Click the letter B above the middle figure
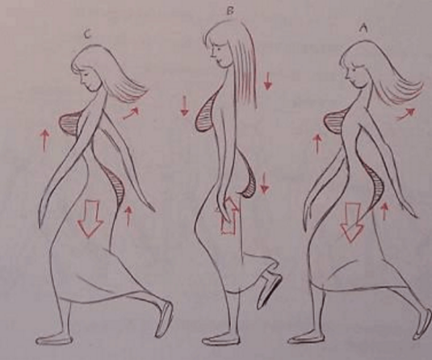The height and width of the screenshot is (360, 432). (230, 11)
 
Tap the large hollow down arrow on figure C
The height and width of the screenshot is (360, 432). (90, 218)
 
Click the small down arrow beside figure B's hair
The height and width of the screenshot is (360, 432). (267, 81)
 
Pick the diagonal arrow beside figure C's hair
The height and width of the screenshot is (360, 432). (131, 113)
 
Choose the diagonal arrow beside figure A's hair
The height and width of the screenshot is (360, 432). (405, 114)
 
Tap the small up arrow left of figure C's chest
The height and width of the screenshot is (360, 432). (44, 141)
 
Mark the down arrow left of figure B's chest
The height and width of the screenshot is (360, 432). (184, 106)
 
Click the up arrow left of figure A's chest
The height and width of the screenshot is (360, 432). (317, 144)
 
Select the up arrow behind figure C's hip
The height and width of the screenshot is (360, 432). (128, 216)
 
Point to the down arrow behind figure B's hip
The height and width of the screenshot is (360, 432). (264, 183)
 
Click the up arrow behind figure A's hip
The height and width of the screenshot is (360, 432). (384, 211)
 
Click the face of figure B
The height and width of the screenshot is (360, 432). (219, 54)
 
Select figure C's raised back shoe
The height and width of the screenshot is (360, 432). (164, 320)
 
